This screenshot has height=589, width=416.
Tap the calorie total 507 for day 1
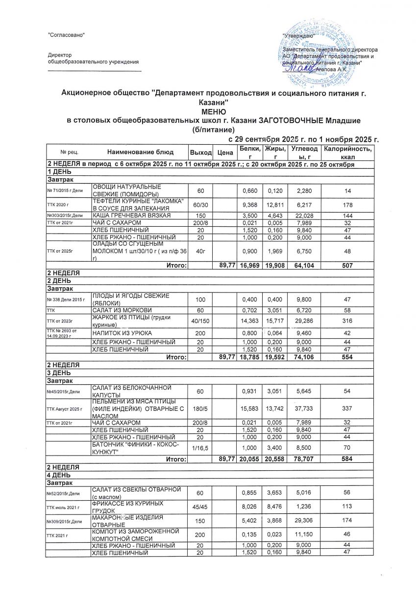pyautogui.click(x=347, y=266)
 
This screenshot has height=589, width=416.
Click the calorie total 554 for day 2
pyautogui.click(x=347, y=357)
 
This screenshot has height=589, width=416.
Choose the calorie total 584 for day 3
pyautogui.click(x=347, y=459)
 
